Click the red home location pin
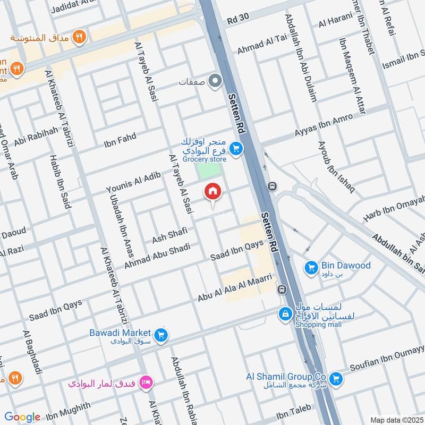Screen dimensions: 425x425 pyautogui.click(x=213, y=192)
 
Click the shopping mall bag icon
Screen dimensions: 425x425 pyautogui.click(x=286, y=314)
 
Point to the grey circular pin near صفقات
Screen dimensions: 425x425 pyautogui.click(x=215, y=81)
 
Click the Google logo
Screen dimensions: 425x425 pyautogui.click(x=22, y=417)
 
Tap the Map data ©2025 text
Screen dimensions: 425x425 pyautogui.click(x=396, y=420)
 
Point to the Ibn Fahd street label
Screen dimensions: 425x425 pyautogui.click(x=120, y=140)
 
